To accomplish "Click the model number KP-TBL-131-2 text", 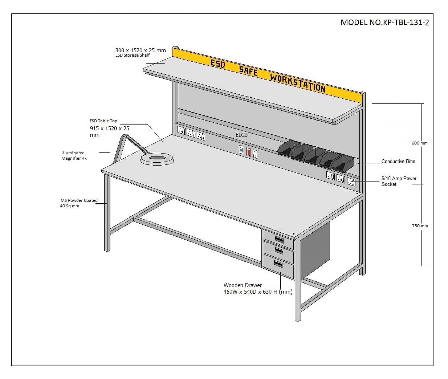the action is click(x=385, y=23).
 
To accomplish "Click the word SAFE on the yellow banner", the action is click(x=248, y=71).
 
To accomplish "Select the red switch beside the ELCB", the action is click(x=249, y=152).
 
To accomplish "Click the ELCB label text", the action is click(x=241, y=135).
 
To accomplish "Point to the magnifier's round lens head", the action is click(x=157, y=159).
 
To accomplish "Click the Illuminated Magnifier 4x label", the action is click(x=74, y=155).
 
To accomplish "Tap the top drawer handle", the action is click(x=279, y=240).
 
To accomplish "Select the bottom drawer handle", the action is click(x=278, y=264).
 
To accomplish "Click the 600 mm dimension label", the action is click(x=420, y=143).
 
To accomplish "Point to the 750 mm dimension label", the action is click(x=420, y=226).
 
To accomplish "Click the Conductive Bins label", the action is click(x=398, y=161).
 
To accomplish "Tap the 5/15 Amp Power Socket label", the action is click(x=399, y=181).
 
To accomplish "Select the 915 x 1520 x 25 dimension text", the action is click(x=109, y=131).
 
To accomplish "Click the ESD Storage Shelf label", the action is click(x=133, y=55).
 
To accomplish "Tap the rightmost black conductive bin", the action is click(x=343, y=164).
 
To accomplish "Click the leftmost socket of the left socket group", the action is click(x=182, y=130).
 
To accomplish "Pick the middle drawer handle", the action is click(x=279, y=251).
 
